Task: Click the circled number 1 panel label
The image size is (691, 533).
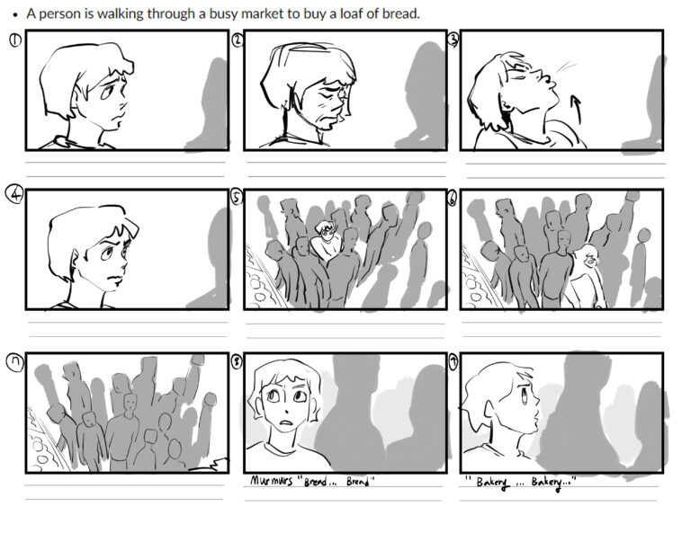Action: (15, 40)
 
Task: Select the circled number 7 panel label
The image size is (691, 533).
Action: (16, 362)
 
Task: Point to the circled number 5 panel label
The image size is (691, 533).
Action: (238, 198)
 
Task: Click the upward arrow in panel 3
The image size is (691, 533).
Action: (575, 109)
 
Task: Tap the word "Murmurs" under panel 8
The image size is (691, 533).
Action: (272, 480)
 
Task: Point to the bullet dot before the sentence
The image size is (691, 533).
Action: (16, 14)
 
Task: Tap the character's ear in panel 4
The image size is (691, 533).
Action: (75, 260)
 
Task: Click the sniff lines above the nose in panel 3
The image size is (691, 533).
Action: (567, 67)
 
